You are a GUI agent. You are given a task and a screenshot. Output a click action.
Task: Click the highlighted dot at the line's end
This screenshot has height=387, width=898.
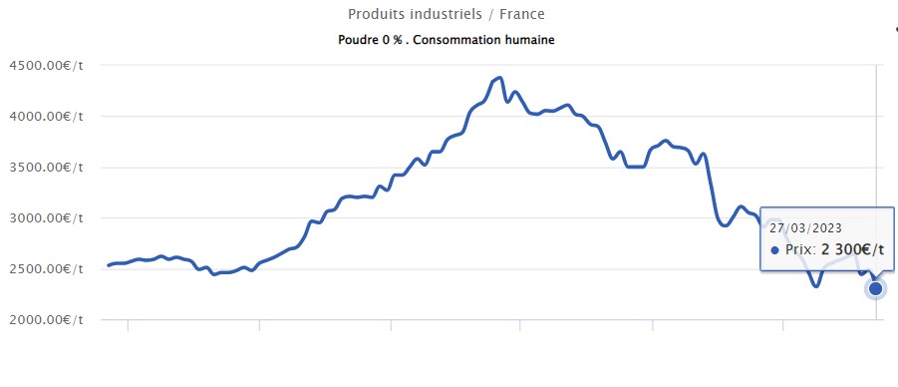(x=876, y=289)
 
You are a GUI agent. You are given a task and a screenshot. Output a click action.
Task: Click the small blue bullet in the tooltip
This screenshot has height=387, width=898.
(x=774, y=249)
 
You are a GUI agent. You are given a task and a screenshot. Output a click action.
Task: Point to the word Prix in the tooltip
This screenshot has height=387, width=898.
(x=800, y=249)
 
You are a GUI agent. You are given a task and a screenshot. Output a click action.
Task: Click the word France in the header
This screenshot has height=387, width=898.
(x=523, y=15)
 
